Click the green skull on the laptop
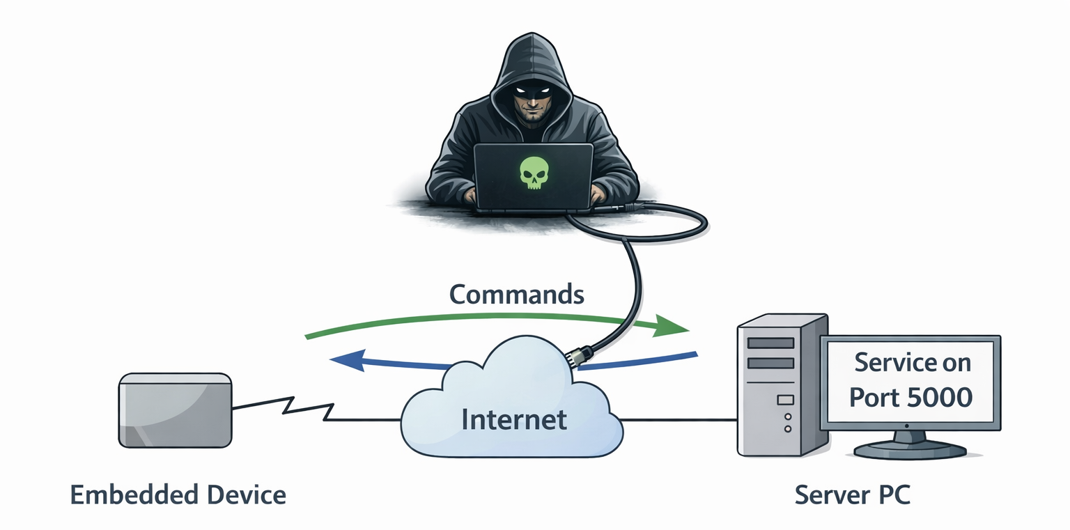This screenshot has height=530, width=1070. [x=534, y=173]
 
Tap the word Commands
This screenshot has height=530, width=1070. [x=516, y=294]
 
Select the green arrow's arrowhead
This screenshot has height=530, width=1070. [x=672, y=326]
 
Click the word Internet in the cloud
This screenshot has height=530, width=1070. [x=514, y=419]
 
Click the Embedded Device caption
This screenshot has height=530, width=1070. [x=178, y=495]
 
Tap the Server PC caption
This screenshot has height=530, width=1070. [x=853, y=495]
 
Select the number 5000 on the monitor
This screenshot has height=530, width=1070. [x=940, y=397]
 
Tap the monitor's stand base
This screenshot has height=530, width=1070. [x=910, y=449]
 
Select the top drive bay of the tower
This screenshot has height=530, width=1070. [x=770, y=343]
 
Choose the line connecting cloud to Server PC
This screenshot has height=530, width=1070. [x=679, y=420]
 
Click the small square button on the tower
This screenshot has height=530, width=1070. [x=785, y=400]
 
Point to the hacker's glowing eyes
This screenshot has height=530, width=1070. [x=534, y=91]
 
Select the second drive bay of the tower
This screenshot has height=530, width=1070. [x=770, y=363]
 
